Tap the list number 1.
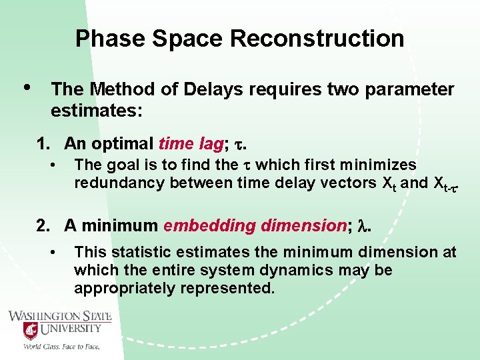43,143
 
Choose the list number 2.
43,226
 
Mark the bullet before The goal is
52,164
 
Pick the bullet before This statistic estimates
52,252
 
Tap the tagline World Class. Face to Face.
61,347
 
